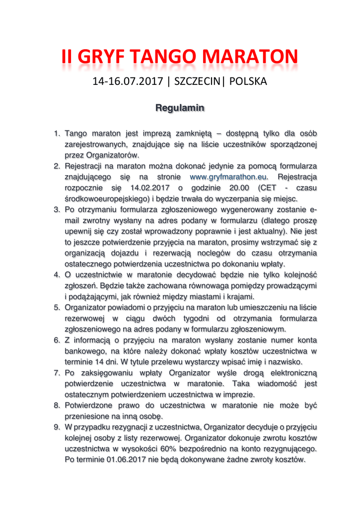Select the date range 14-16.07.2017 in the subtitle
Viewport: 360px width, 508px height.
pyautogui.click(x=128, y=81)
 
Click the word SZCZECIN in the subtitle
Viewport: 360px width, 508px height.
pyautogui.click(x=197, y=81)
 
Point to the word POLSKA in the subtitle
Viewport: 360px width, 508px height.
pyautogui.click(x=248, y=81)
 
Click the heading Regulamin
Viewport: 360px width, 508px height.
pyautogui.click(x=180, y=107)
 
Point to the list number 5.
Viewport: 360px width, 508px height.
pyautogui.click(x=57, y=308)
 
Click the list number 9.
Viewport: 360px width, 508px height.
pyautogui.click(x=57, y=427)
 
